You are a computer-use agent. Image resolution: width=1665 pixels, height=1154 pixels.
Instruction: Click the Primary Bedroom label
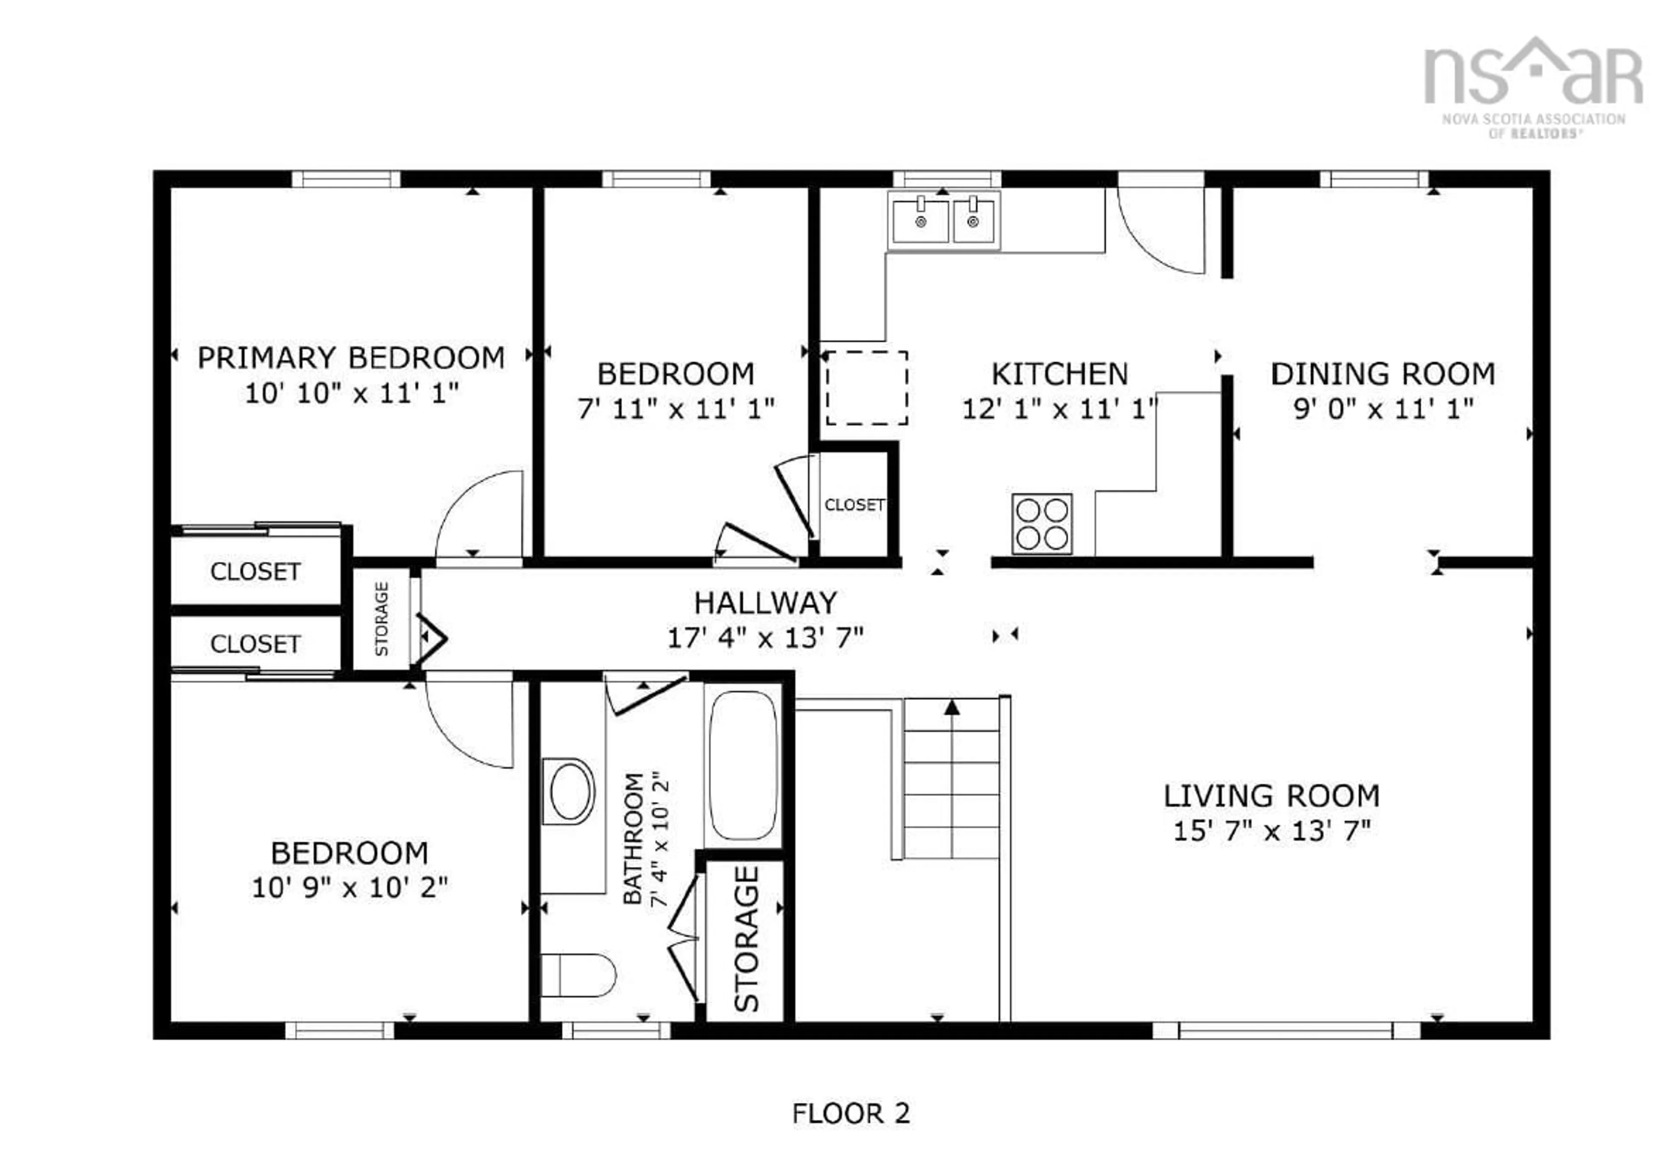351,358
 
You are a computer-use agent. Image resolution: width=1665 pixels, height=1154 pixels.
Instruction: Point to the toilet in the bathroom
578,975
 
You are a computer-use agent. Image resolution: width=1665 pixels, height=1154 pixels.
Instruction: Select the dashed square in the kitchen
866,388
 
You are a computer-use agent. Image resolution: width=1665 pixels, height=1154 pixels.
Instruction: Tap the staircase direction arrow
952,707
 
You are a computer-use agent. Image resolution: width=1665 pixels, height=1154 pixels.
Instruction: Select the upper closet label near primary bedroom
255,571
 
